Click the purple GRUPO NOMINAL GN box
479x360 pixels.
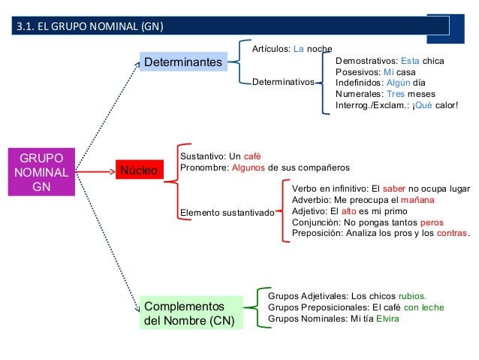[x=41, y=171]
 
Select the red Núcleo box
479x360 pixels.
[x=139, y=171]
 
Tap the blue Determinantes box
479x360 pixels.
[x=183, y=61]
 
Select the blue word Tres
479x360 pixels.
[x=395, y=94]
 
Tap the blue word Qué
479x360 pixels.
[x=423, y=106]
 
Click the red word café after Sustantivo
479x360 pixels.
[x=253, y=156]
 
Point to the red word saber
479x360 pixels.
[x=394, y=189]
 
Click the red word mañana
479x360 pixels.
[x=413, y=200]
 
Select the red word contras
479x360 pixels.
[x=451, y=234]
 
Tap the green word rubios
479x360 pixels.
[x=411, y=295]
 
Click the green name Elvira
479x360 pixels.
[x=386, y=318]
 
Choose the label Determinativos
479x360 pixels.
[x=282, y=82]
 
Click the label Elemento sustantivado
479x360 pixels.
[x=227, y=213]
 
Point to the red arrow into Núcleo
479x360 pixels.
[x=94, y=171]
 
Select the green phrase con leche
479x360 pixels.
[x=423, y=307]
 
